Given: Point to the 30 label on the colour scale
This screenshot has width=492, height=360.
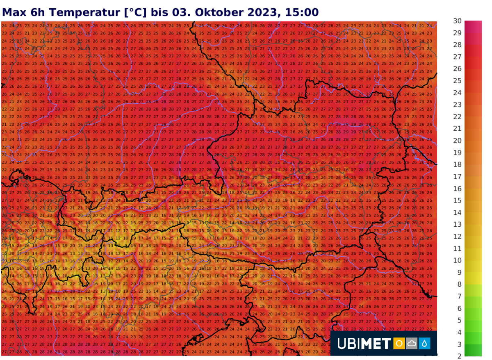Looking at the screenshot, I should coord(458,21).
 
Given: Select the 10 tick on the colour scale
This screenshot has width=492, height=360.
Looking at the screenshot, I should coord(458,260).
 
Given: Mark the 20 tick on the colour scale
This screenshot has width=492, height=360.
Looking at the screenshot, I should coord(458,141).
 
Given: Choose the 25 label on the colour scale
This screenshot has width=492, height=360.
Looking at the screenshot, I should coord(458,81).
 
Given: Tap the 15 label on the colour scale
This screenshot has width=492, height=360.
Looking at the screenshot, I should coord(458,201).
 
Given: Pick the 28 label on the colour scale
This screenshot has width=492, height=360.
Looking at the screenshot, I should coord(458,45).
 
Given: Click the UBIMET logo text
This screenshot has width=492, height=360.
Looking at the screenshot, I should coord(364,344).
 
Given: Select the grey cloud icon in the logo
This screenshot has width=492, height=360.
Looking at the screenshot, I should coord(412,344).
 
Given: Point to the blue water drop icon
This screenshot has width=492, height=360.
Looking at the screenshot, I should coord(425,344).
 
